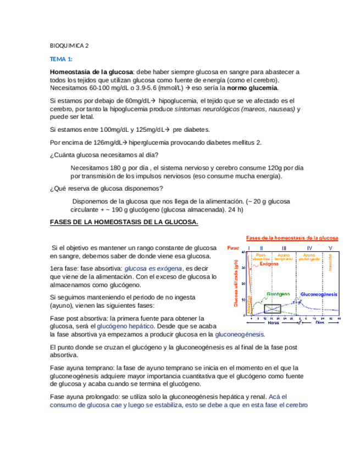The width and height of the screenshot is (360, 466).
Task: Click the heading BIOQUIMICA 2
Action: pos(69,46)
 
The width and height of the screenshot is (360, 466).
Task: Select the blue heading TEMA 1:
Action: pos(61,59)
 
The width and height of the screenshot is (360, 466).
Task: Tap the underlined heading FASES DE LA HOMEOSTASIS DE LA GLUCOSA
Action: pos(124,222)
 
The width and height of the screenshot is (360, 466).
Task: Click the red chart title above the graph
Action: pos(291,238)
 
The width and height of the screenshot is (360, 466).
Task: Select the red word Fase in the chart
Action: pos(233,248)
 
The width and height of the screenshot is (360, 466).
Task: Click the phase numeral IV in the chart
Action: pos(308,248)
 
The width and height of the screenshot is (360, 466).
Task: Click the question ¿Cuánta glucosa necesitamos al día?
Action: pos(103,155)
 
